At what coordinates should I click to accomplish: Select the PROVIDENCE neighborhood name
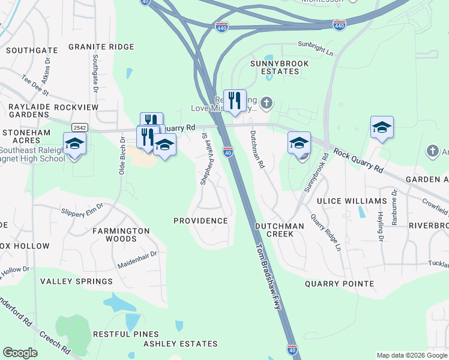[200, 221]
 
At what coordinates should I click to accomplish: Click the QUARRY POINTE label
[339, 284]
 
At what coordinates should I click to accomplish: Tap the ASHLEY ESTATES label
[180, 344]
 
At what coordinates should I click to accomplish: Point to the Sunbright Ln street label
[315, 47]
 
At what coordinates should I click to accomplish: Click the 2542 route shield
[79, 127]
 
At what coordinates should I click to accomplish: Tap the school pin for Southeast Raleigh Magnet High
[75, 144]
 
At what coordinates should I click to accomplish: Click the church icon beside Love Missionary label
[267, 103]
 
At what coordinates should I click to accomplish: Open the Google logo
[20, 353]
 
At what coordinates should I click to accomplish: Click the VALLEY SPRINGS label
[76, 281]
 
